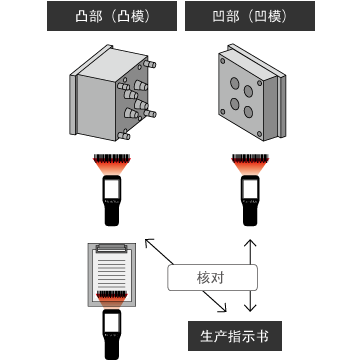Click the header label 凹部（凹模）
click(x=248, y=17)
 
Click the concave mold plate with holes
click(x=248, y=96)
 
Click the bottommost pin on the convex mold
click(x=131, y=130)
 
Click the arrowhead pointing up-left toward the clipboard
click(x=148, y=242)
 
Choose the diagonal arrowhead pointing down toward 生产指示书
click(x=228, y=309)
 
